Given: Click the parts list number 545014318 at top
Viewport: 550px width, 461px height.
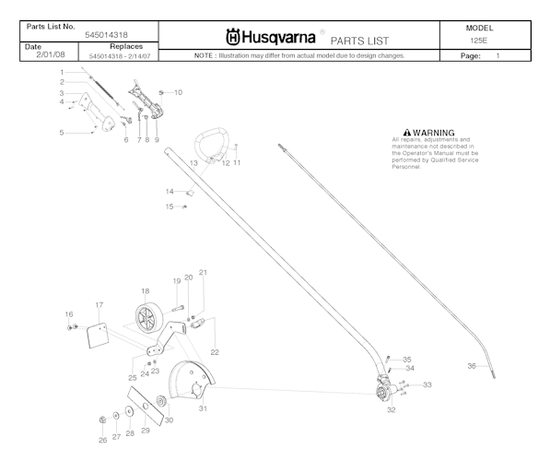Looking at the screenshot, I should tap(108, 33).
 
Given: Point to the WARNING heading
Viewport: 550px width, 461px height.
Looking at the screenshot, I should tap(436, 133).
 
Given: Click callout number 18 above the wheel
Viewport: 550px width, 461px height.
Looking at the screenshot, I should tap(146, 290).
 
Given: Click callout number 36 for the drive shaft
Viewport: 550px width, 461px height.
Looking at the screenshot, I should tap(471, 366).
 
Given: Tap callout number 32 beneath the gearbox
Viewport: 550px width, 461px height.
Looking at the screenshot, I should tap(391, 408).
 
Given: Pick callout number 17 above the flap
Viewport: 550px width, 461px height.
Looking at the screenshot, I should tap(99, 304).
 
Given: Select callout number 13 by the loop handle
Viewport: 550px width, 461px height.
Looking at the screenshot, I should tap(193, 162).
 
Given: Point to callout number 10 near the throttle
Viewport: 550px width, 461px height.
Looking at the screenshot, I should tap(178, 92).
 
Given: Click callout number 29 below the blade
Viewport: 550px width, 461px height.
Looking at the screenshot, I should tap(146, 431).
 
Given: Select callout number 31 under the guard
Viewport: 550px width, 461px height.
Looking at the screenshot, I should tap(202, 408).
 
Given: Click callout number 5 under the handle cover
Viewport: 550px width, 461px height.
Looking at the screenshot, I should tap(62, 133).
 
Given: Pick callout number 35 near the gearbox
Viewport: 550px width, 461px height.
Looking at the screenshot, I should tap(407, 359).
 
